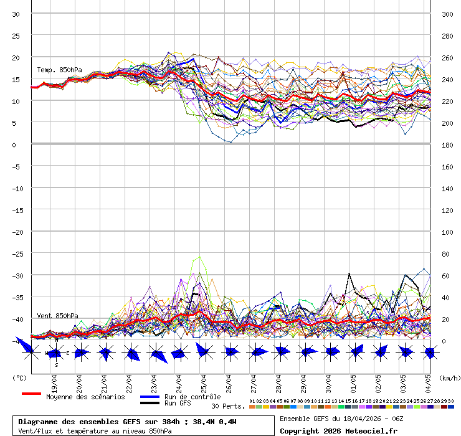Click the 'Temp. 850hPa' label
(x=59, y=70)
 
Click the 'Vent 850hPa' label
(x=57, y=316)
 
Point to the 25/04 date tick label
(x=204, y=381)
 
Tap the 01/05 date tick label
(x=353, y=381)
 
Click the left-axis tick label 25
(x=16, y=36)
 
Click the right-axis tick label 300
(x=447, y=14)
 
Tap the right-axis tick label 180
(x=447, y=145)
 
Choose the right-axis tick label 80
(x=446, y=254)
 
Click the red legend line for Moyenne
(x=31, y=394)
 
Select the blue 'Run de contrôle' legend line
(x=150, y=397)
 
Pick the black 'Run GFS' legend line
(x=150, y=404)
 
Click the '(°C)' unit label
(x=19, y=377)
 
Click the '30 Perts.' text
(x=228, y=406)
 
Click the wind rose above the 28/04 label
(x=281, y=352)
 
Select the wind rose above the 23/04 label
(x=157, y=354)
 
